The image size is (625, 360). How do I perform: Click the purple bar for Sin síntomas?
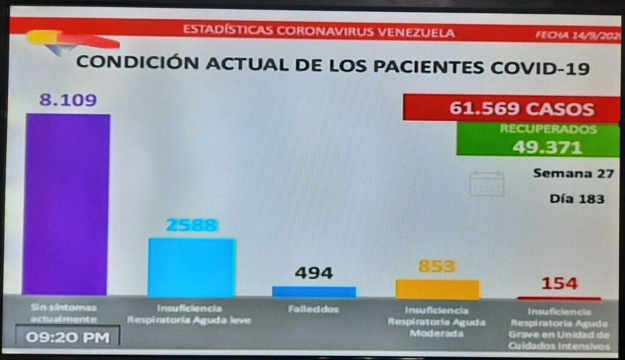coord(67,204)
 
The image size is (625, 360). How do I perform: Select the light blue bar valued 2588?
coord(192,267)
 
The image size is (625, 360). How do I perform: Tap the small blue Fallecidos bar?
coord(314,292)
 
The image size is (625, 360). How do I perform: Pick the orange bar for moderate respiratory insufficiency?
coord(438,289)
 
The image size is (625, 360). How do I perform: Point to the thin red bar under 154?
coord(559,298)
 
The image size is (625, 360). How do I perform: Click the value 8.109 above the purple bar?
coord(68,100)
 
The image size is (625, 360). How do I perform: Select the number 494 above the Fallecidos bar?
coord(314,273)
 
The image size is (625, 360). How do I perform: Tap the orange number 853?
coord(437,266)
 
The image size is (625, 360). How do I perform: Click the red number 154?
coord(558,283)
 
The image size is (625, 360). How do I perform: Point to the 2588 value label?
coord(192,225)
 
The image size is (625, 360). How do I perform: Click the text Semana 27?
coord(573,173)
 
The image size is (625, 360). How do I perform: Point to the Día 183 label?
coord(577,199)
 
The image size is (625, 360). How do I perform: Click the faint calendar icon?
coord(486,183)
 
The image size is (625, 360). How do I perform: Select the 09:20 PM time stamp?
coord(68,336)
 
